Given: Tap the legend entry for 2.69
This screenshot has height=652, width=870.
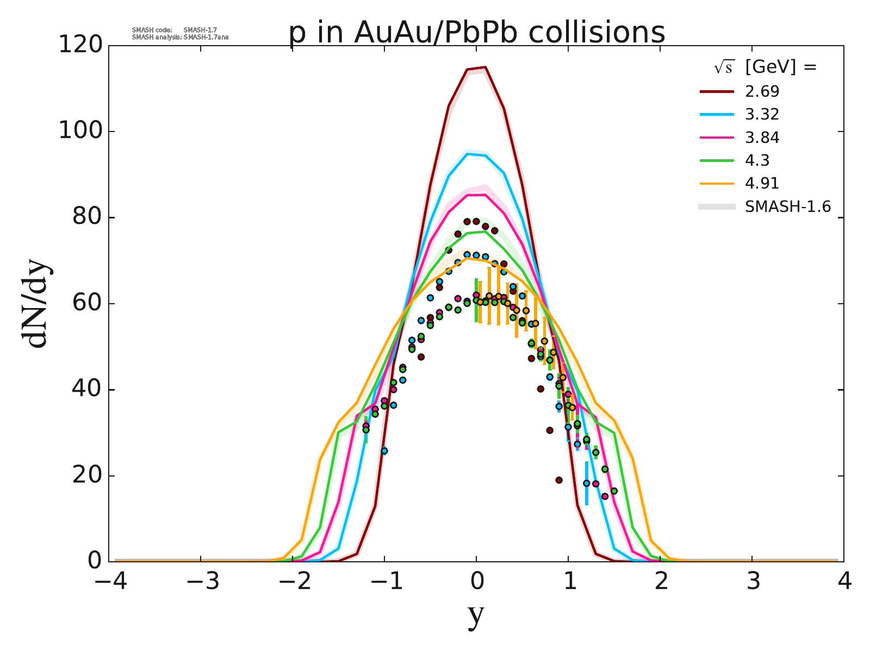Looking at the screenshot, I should click(762, 91).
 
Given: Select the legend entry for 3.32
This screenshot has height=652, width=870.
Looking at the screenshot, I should click(762, 115).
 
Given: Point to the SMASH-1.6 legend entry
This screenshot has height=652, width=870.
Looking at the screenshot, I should click(787, 206).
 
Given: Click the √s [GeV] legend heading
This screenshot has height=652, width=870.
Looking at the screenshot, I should click(766, 67).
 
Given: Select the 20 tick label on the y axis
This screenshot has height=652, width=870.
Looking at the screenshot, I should click(87, 476).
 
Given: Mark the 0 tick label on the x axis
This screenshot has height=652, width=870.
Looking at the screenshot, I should click(477, 582).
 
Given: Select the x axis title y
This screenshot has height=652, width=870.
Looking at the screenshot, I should click(476, 616).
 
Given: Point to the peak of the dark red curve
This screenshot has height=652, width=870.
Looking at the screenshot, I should click(484, 67).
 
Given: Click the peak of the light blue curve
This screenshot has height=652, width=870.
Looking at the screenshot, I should click(468, 154).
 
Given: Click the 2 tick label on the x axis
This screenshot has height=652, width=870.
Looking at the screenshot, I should click(660, 582).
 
